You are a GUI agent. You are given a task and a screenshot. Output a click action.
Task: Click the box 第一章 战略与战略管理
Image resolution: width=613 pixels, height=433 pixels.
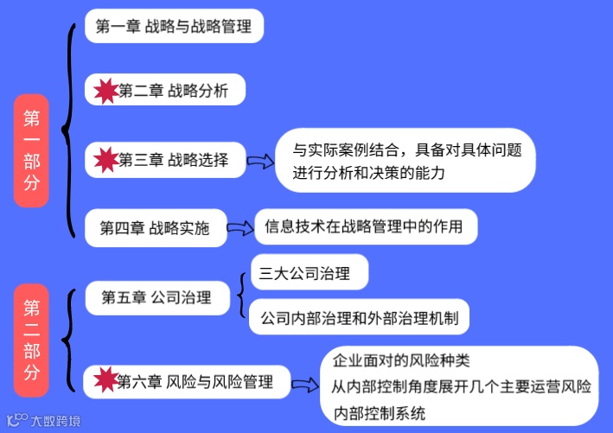174,27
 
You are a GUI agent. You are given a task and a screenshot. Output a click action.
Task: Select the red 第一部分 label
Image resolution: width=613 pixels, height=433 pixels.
31,151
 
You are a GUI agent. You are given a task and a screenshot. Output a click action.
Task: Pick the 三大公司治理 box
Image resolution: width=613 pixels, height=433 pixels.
309,274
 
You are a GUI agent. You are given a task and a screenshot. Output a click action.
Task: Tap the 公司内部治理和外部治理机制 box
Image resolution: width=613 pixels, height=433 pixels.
358,318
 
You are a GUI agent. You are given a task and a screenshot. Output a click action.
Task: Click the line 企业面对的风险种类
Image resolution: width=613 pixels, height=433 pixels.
401,360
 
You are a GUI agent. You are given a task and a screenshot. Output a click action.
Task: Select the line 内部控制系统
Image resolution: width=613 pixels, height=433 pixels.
380,413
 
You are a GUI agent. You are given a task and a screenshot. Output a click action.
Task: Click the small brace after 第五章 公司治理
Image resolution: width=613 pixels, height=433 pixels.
240,296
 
